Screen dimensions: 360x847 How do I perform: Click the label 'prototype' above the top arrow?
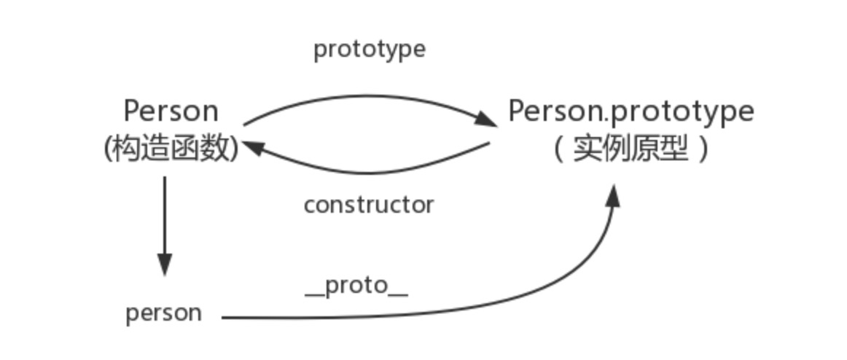370,50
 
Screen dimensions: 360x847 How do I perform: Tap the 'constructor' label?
369,205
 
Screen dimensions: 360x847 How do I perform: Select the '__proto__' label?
356,286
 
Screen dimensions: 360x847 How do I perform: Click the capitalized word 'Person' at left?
171,111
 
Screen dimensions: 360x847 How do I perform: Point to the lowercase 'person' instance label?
164,313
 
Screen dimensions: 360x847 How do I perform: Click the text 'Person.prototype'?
631,111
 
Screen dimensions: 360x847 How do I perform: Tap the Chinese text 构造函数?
172,149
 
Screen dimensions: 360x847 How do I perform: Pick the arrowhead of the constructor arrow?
251,146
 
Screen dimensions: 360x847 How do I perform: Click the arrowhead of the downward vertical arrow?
165,264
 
